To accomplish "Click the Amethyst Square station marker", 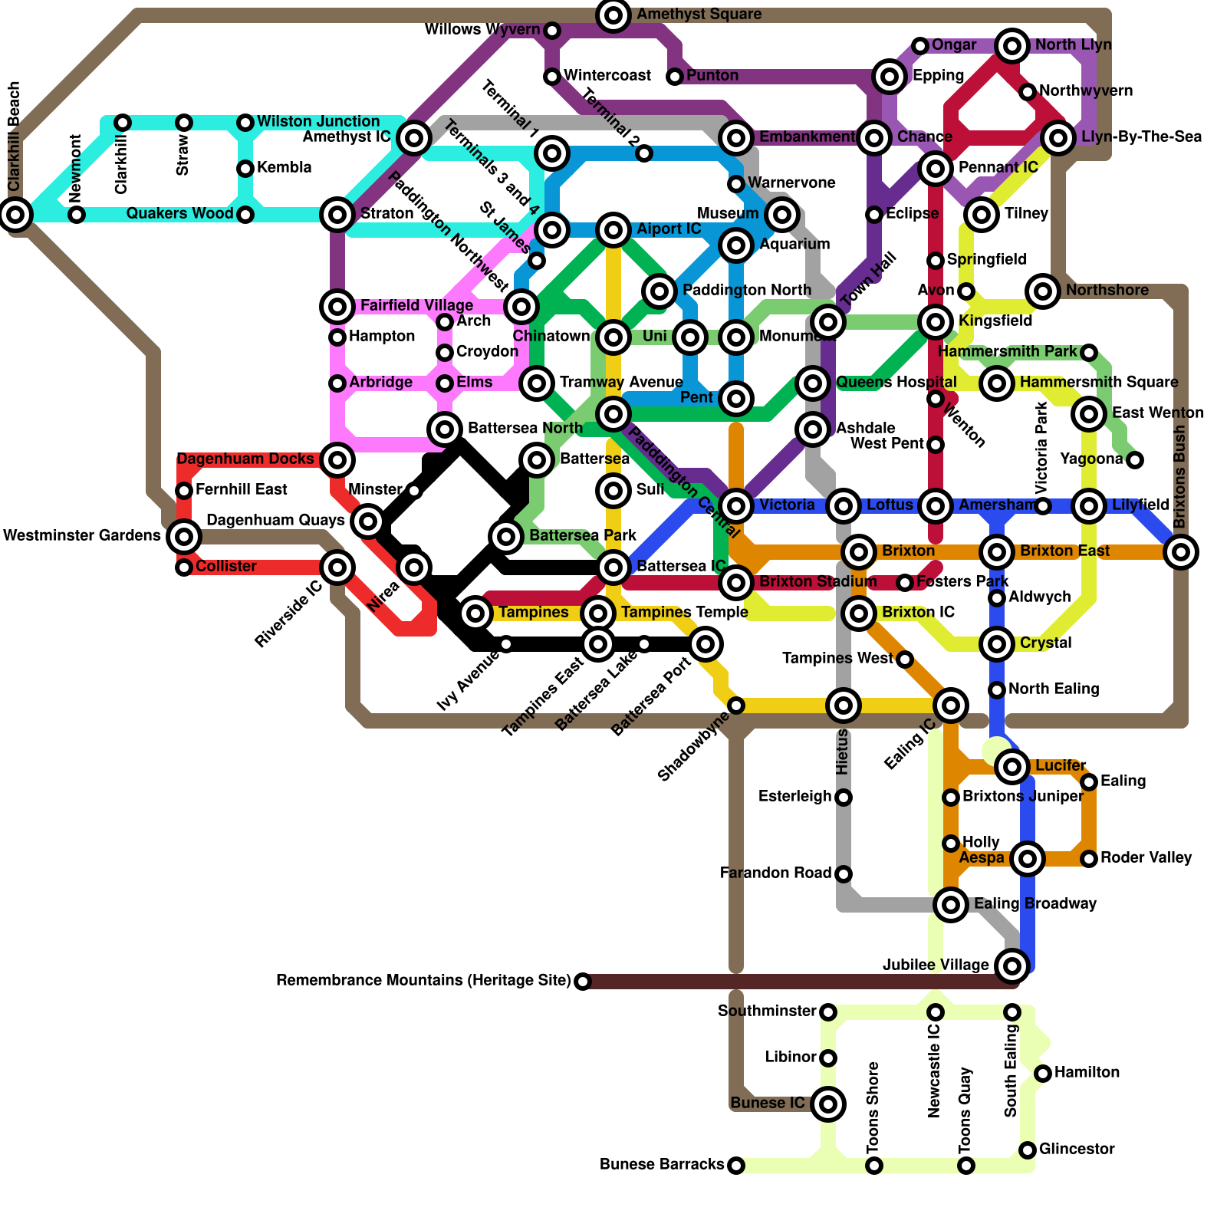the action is coord(613,15).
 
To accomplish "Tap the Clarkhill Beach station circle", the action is coord(15,214).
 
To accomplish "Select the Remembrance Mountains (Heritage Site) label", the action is coord(423,981).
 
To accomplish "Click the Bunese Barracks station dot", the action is coord(735,1166).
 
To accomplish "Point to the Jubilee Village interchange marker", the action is coord(1012,965).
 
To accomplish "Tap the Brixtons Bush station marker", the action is coord(1181,551).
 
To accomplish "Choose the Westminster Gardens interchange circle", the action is coord(184,536).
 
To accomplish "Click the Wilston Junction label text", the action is coord(318,122).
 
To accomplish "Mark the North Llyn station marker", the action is coord(1012,46).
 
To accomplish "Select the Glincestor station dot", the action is coord(1028,1150).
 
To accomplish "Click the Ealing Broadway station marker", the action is coord(951,905).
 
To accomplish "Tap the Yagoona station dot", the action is coord(1135,460).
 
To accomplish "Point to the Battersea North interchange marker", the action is coord(445,429).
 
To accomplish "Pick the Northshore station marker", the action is coord(1043,291).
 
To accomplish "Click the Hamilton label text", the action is coord(1087,1073).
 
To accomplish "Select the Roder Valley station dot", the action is coord(1089,859).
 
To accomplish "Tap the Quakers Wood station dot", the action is coord(245,215).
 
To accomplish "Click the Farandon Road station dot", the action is coord(844,874).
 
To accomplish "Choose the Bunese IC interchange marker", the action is coord(828,1104).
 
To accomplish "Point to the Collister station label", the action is coord(226,567).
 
